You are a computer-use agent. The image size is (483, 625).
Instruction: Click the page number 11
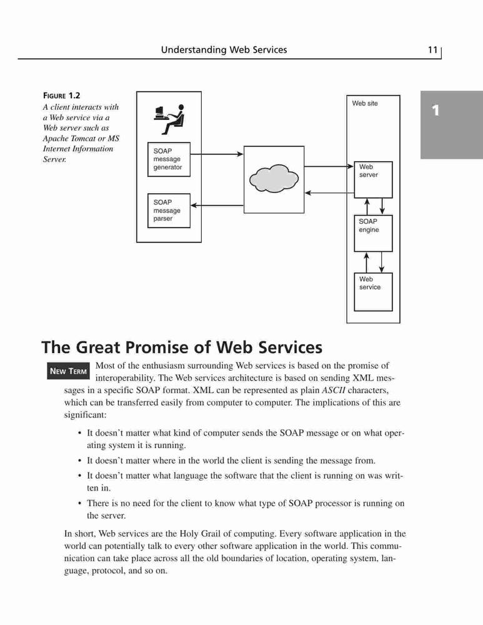point(432,50)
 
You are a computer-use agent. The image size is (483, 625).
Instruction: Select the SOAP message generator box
point(169,159)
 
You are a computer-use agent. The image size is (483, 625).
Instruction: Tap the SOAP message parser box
point(169,211)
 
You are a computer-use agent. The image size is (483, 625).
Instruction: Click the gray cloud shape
point(274,179)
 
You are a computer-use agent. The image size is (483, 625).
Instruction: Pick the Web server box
point(374,180)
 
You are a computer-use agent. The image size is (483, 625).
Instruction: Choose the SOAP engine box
point(374,234)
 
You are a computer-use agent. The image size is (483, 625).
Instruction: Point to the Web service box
point(374,292)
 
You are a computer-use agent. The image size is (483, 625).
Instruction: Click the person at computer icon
point(169,119)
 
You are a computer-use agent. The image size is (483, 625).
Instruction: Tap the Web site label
point(365,103)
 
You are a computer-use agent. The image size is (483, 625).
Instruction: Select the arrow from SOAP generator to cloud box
point(217,154)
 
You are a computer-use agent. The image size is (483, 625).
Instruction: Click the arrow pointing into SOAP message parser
point(217,205)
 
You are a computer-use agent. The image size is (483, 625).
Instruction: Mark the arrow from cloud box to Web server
point(329,166)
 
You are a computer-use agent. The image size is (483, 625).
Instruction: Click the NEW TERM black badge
point(69,371)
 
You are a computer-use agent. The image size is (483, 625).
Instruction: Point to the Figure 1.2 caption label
point(62,96)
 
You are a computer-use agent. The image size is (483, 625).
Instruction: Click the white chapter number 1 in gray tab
point(436,111)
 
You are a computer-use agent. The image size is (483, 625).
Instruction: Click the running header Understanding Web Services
point(224,50)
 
